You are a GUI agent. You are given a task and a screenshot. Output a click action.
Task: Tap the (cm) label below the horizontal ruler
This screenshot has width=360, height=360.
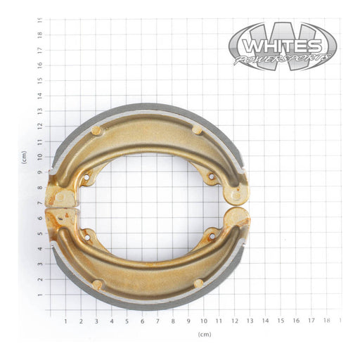click(x=205, y=334)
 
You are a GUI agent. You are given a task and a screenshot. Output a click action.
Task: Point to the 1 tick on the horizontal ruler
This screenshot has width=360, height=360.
click(x=65, y=321)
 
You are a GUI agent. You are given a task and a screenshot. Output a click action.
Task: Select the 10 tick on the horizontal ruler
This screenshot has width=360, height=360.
click(x=204, y=321)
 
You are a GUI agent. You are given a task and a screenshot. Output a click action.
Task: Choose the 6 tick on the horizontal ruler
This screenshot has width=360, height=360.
click(x=143, y=321)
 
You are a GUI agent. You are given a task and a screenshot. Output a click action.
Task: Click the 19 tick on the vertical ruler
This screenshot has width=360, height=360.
click(x=39, y=20)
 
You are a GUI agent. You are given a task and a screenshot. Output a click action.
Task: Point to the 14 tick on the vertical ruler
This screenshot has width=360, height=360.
click(x=39, y=95)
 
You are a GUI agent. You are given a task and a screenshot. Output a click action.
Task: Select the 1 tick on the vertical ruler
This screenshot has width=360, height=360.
click(x=39, y=295)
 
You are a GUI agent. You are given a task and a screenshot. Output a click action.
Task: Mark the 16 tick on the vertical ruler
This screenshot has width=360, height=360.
click(x=39, y=65)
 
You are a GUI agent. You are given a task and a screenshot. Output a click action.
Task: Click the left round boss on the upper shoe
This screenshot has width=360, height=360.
click(x=96, y=131)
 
